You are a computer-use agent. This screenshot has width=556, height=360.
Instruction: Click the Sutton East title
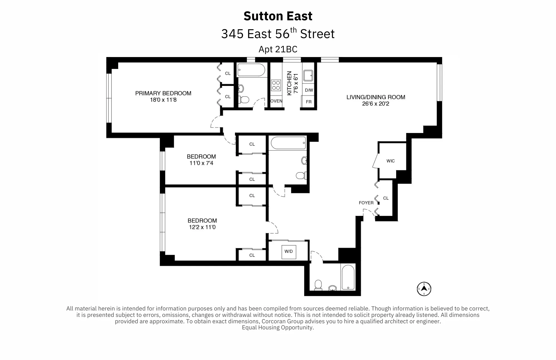tap(278, 16)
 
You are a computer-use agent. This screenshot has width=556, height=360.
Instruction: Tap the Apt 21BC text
tap(278, 49)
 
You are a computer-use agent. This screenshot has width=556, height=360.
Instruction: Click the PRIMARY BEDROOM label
tap(163, 93)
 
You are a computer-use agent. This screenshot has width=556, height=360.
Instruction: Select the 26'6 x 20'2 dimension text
tap(376, 104)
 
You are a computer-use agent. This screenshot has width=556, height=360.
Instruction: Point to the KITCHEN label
tap(289, 83)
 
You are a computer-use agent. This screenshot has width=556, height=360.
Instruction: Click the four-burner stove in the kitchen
tap(276, 85)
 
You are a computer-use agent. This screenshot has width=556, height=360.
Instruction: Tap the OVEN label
tap(276, 101)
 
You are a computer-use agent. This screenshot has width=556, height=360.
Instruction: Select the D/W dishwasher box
tap(309, 90)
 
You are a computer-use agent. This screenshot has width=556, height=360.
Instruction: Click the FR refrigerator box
tap(309, 102)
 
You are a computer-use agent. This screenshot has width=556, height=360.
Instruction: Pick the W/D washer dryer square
tap(289, 251)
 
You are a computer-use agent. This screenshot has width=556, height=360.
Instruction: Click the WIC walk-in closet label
tap(390, 161)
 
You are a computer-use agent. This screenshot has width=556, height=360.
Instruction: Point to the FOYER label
tap(366, 203)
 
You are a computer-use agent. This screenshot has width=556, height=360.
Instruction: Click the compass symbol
tap(424, 289)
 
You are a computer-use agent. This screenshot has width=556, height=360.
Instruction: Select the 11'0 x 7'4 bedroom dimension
tap(201, 163)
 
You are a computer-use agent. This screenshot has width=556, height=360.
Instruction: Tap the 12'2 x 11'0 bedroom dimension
tap(202, 227)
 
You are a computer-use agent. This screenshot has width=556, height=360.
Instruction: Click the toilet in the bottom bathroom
tap(318, 285)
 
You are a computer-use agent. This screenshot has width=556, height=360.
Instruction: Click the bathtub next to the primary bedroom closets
tap(251, 70)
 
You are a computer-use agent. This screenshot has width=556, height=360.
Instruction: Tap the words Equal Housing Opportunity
tap(278, 327)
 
